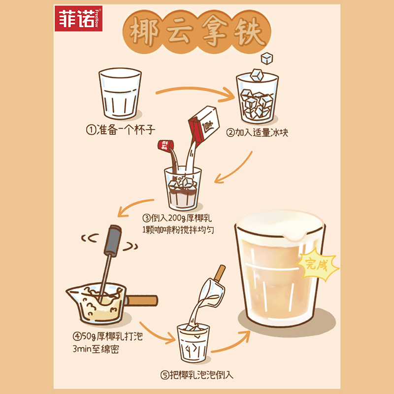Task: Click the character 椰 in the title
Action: click(144, 33)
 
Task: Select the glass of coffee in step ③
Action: click(183, 190)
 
